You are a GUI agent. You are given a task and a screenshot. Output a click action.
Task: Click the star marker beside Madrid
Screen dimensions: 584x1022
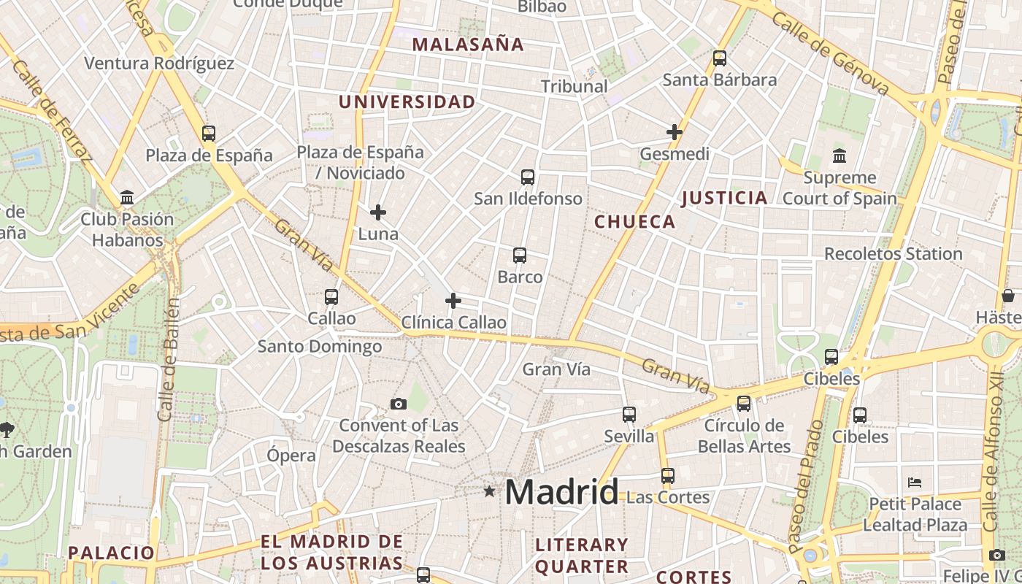tap(489, 492)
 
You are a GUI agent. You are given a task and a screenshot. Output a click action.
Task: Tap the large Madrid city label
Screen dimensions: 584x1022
tap(561, 492)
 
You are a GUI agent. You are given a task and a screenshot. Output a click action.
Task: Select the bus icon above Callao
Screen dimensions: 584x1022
tap(331, 297)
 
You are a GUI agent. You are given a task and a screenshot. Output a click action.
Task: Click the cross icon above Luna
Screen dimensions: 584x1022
tap(378, 212)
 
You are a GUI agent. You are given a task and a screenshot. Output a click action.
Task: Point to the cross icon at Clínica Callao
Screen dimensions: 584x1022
tap(453, 301)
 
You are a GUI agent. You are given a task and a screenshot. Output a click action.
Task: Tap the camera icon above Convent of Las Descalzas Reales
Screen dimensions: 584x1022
tap(399, 404)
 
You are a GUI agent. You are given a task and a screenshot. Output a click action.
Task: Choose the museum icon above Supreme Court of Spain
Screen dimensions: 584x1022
tap(839, 156)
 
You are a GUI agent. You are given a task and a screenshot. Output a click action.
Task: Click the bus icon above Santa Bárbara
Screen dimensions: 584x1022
tap(720, 58)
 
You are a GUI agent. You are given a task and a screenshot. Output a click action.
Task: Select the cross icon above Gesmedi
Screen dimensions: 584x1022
tap(675, 132)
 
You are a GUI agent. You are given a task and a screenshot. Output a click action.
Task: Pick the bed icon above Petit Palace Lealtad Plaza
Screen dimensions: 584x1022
tap(915, 483)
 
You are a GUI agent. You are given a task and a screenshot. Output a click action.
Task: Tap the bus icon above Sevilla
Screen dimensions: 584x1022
tap(629, 415)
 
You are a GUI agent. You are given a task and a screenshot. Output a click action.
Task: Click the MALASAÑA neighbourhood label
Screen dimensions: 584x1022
tap(468, 45)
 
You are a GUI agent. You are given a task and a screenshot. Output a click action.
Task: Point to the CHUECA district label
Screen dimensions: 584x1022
tap(635, 222)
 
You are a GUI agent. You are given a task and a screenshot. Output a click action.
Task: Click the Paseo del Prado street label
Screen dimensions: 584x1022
tap(805, 485)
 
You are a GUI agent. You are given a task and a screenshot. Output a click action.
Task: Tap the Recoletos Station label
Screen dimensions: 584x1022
tap(893, 254)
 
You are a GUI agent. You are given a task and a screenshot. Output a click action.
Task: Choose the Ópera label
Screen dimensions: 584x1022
tap(291, 456)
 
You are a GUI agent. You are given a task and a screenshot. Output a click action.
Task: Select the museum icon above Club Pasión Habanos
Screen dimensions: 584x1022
tap(128, 198)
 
